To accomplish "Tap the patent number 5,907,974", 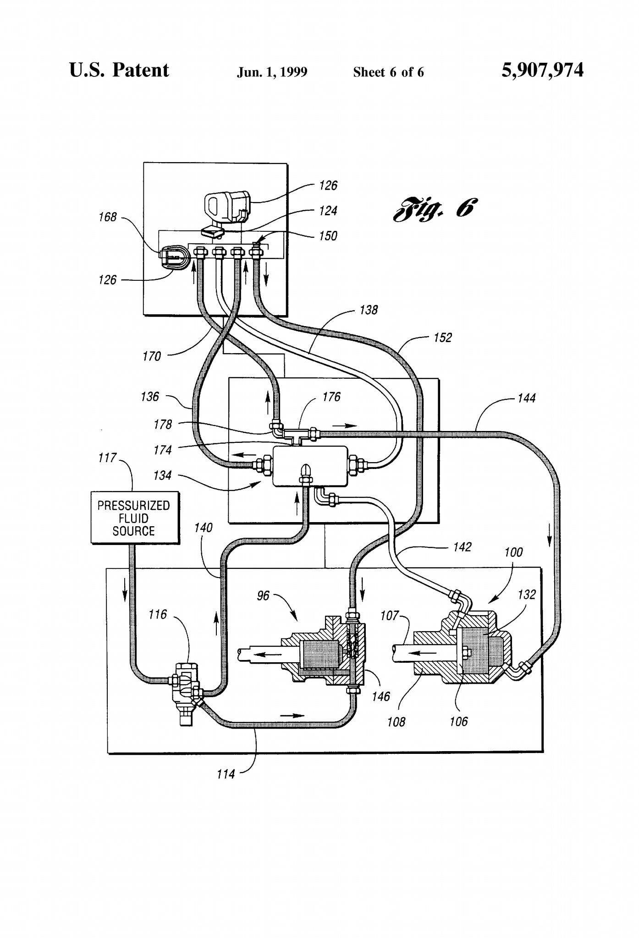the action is click(x=542, y=71).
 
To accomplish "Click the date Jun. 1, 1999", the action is click(x=272, y=72).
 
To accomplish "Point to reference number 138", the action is click(x=369, y=310).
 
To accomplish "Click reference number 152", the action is click(x=443, y=338).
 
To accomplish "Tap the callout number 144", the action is click(x=526, y=398).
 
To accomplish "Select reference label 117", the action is click(x=107, y=458).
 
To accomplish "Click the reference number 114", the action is click(x=226, y=774).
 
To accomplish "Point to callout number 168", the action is click(x=108, y=217).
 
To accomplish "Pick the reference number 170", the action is click(x=152, y=356).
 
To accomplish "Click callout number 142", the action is click(x=462, y=547).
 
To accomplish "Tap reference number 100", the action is click(x=513, y=552).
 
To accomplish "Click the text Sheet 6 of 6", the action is click(x=388, y=72).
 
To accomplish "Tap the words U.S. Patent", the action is click(x=119, y=71).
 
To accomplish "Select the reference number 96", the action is click(x=263, y=596).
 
